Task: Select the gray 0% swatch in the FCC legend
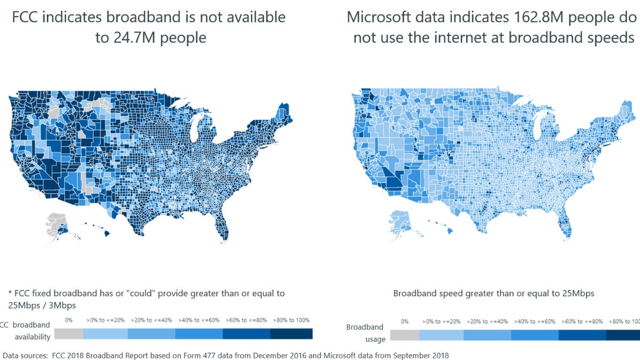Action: (69, 333)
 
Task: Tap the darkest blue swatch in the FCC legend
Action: (291, 333)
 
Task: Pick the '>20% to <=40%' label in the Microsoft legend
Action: (487, 322)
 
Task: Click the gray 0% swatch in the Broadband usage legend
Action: (405, 335)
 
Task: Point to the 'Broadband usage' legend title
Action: (365, 333)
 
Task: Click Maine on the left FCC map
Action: (283, 112)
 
